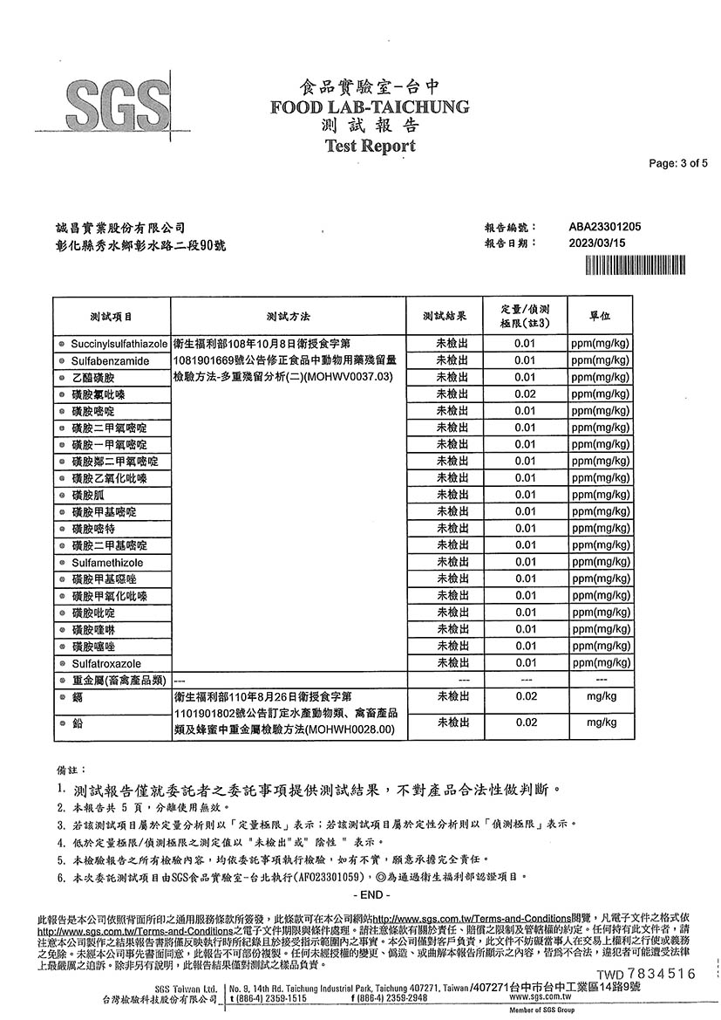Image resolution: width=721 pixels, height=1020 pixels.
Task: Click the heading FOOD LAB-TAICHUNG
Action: pos(370,107)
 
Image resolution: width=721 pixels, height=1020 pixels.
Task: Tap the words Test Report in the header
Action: pos(370,146)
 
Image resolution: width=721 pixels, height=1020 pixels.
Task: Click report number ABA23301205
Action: pos(605,227)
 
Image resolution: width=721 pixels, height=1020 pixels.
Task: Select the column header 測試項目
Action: pos(112,315)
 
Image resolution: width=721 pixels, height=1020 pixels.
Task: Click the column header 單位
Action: pos(600,315)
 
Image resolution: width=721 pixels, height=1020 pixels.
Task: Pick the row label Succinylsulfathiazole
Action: pos(119,344)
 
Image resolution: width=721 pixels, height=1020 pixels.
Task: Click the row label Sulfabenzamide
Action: pos(111,360)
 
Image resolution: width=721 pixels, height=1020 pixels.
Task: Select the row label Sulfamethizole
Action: pos(108,563)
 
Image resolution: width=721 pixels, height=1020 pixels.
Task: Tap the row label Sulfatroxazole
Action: pos(106,663)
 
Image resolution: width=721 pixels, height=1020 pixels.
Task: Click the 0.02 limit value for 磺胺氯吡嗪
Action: pos(525,394)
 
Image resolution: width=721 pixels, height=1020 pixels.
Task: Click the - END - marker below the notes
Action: pos(370,895)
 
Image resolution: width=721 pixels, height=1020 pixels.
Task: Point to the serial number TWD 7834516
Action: pos(646,974)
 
